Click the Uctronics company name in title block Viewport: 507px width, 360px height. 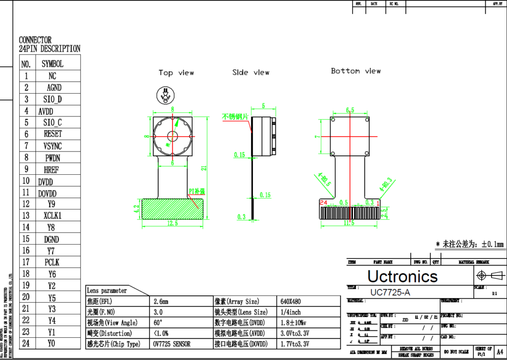pyautogui.click(x=402, y=276)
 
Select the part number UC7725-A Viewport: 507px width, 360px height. pyautogui.click(x=390, y=293)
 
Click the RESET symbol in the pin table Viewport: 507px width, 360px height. pyautogui.click(x=52, y=134)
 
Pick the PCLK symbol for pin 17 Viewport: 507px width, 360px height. pyautogui.click(x=52, y=262)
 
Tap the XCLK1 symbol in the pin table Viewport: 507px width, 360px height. pyautogui.click(x=52, y=215)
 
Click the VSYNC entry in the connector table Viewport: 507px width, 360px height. pyautogui.click(x=52, y=146)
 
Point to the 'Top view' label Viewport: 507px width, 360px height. pyautogui.click(x=176, y=73)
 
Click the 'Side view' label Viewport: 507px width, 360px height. pyautogui.click(x=251, y=72)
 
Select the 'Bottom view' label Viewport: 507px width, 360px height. pyautogui.click(x=355, y=71)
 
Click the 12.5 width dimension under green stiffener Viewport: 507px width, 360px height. pyautogui.click(x=172, y=223)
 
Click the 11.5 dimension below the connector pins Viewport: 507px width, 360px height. pyautogui.click(x=349, y=223)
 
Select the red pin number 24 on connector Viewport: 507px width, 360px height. pyautogui.click(x=323, y=203)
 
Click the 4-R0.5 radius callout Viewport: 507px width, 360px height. pyautogui.click(x=322, y=180)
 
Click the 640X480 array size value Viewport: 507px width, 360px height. pyautogui.click(x=290, y=301)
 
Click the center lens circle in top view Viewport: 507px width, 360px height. pyautogui.click(x=172, y=137)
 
